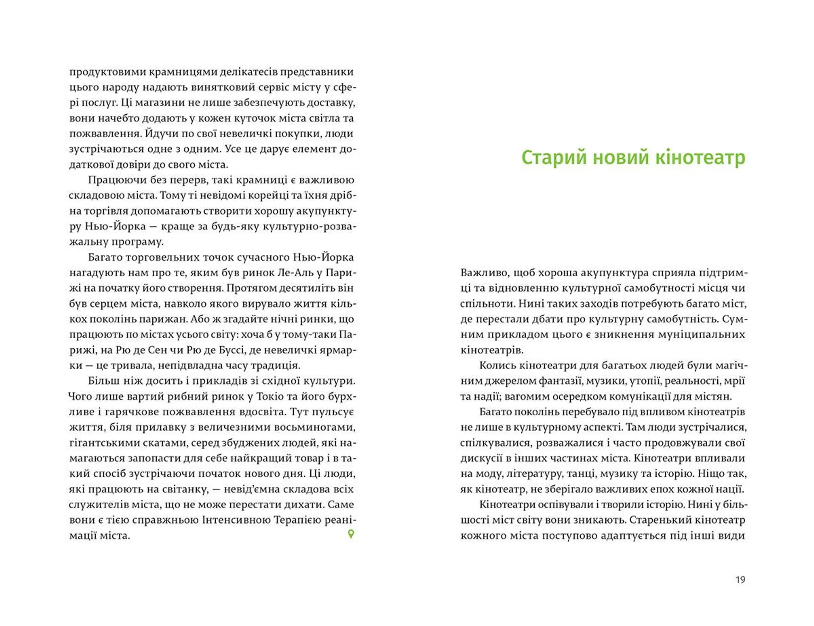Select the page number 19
(x=740, y=580)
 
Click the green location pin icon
(x=351, y=534)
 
